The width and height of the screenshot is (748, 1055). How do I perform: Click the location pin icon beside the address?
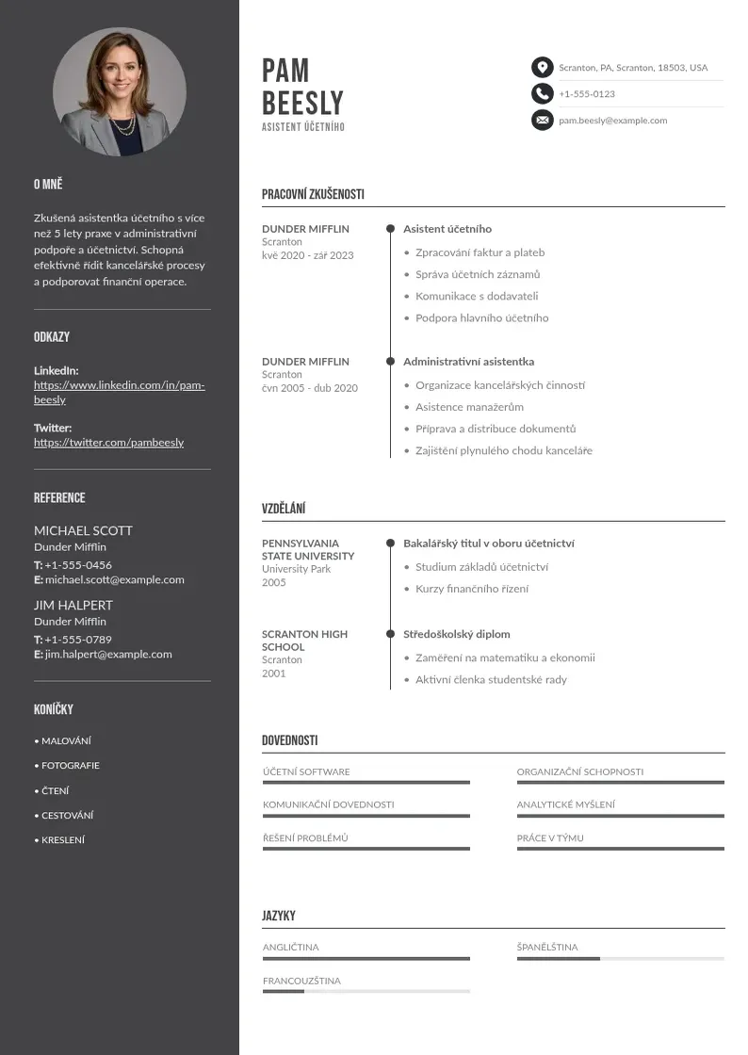[542, 67]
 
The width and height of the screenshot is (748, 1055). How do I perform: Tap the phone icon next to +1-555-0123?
[542, 93]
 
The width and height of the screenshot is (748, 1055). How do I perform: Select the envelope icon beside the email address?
[542, 120]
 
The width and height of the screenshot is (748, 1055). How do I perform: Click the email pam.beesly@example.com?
[612, 121]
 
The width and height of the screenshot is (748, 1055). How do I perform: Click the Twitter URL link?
[108, 443]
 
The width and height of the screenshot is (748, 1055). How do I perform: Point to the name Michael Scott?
[83, 530]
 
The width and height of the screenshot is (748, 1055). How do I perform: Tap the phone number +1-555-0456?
[78, 565]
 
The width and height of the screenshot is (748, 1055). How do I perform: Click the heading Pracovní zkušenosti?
[313, 195]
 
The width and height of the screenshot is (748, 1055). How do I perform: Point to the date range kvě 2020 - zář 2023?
[308, 255]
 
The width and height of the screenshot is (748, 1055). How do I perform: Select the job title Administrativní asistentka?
[468, 362]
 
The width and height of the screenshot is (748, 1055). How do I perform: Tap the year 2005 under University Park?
[273, 582]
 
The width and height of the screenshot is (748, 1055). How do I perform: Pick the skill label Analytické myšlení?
[565, 804]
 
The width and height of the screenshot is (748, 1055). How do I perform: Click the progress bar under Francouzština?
[366, 992]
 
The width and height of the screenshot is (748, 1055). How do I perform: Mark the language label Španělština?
[547, 947]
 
